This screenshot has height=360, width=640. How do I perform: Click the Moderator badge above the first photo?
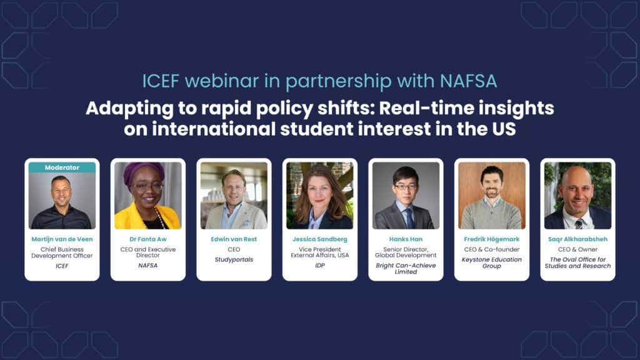62,167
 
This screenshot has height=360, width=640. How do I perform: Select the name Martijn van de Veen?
62,239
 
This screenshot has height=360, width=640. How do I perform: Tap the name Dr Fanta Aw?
148,239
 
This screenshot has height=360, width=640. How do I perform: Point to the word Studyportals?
234,259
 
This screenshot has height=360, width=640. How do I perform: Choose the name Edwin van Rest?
234,239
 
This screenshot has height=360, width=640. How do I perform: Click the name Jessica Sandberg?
320,239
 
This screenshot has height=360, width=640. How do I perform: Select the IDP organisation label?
320,265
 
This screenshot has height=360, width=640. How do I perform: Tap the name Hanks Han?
406,239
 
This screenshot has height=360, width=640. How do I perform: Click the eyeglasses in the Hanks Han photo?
405,186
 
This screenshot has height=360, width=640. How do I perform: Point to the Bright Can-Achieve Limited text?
406,269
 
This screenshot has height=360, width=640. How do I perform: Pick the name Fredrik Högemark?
492,239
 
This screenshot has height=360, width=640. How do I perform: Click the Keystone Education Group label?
492,262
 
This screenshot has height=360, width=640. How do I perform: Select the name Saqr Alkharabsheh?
578,239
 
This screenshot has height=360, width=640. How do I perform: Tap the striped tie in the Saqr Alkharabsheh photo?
579,224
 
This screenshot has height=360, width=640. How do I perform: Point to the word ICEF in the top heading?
161,81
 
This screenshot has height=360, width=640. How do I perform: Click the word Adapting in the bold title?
130,109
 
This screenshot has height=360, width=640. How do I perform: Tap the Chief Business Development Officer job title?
62,252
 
